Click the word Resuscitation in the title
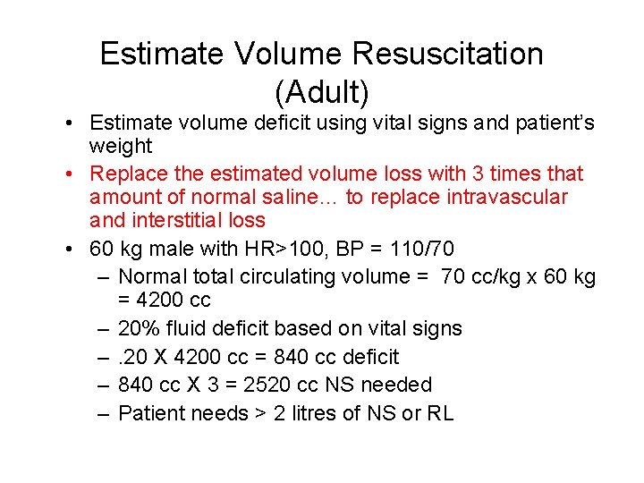click(x=447, y=54)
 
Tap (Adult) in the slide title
click(x=322, y=91)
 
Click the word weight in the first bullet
click(x=121, y=146)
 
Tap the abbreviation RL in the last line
click(x=441, y=413)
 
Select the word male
click(x=186, y=249)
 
